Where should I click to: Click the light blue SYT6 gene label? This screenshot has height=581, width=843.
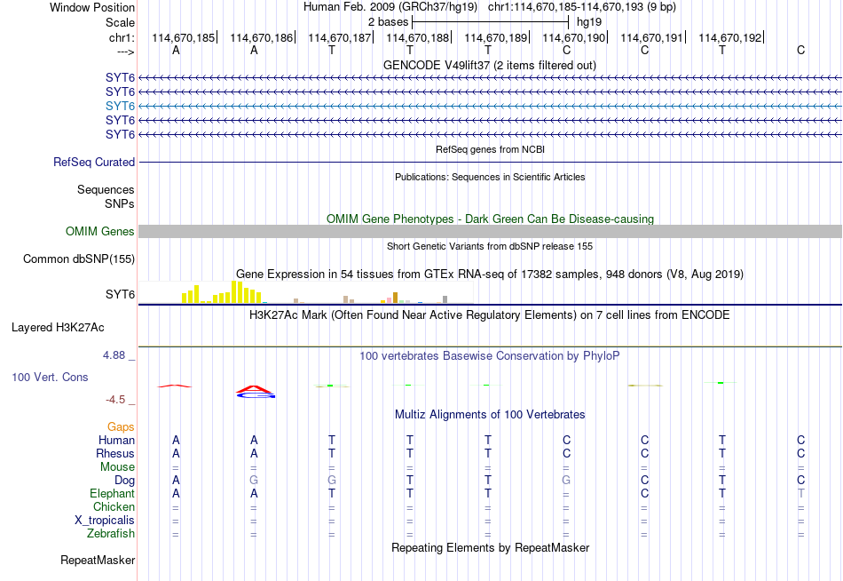(120, 106)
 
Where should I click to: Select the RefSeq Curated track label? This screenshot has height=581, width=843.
(94, 162)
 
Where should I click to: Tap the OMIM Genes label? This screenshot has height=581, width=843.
(100, 232)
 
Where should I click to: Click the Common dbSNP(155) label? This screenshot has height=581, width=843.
(79, 259)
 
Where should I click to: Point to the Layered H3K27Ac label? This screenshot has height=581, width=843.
(58, 328)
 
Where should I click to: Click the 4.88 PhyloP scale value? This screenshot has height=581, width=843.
(114, 355)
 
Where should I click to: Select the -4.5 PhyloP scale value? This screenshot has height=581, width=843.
(115, 400)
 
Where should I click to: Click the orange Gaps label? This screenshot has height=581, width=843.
(121, 427)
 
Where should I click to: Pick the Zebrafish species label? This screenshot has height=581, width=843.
(111, 534)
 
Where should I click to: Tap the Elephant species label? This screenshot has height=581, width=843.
(113, 494)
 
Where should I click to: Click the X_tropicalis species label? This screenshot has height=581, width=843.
(105, 521)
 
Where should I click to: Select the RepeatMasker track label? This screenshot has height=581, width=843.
(98, 561)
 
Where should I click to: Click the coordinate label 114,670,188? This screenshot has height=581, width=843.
(417, 37)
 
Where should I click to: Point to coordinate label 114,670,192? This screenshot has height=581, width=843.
(730, 37)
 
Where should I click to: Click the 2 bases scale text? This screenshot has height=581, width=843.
(388, 22)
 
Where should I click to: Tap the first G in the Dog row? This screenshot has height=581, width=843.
(254, 481)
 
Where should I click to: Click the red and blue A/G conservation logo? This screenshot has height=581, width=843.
(256, 392)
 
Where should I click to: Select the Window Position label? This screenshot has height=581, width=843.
(92, 7)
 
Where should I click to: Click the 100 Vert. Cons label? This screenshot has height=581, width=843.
(50, 378)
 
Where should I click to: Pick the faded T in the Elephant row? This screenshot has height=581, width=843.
(801, 494)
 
